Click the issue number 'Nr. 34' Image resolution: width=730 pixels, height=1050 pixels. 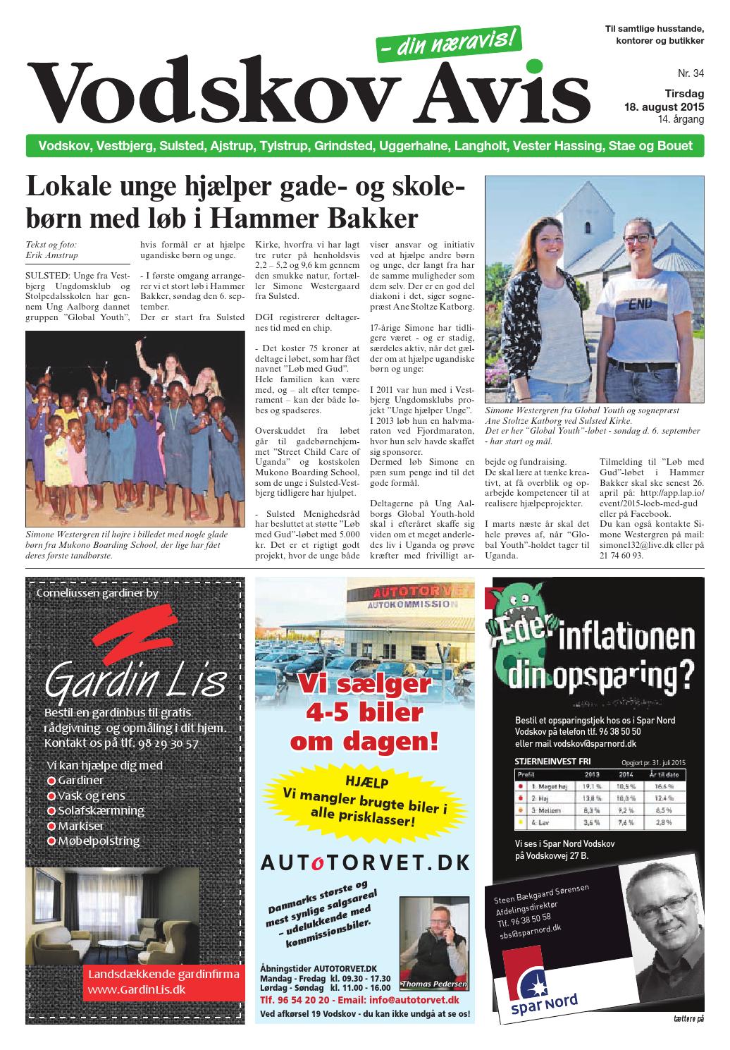pyautogui.click(x=690, y=73)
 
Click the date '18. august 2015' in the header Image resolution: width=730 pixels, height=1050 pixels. pyautogui.click(x=664, y=107)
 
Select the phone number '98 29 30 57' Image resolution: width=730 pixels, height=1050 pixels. pyautogui.click(x=166, y=743)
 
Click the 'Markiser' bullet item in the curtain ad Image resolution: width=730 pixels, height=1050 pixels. pyautogui.click(x=80, y=826)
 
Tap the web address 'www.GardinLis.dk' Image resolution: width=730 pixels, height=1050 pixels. pyautogui.click(x=135, y=989)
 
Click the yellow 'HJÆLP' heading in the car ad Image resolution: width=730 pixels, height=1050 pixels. pyautogui.click(x=366, y=782)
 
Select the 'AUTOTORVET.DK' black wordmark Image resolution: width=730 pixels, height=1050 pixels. pyautogui.click(x=364, y=862)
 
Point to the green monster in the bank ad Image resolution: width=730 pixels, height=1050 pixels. pyautogui.click(x=525, y=627)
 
